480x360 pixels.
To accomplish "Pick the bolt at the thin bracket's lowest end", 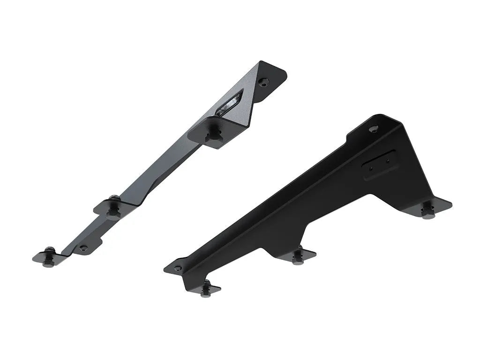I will click(49, 258).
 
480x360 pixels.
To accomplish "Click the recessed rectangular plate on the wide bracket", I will click(380, 165).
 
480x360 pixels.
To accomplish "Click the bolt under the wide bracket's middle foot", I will click(298, 257).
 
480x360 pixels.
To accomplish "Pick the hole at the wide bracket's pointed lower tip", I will click(177, 269).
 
